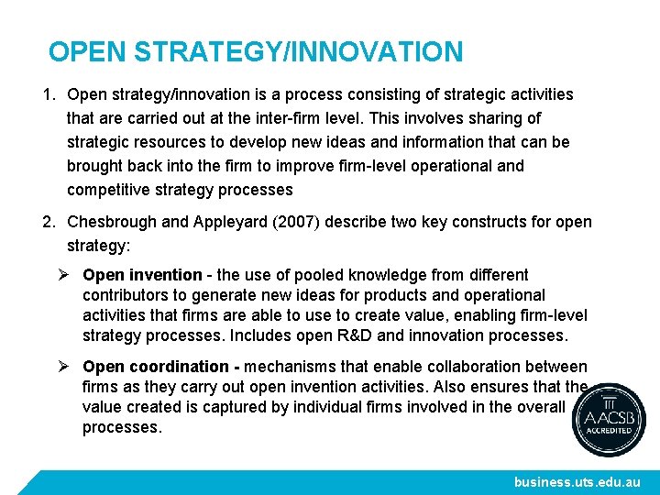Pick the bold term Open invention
click(x=141, y=275)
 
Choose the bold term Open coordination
click(x=155, y=367)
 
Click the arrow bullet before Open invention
click(x=64, y=275)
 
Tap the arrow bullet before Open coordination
click(x=64, y=367)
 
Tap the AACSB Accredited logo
click(x=609, y=420)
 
